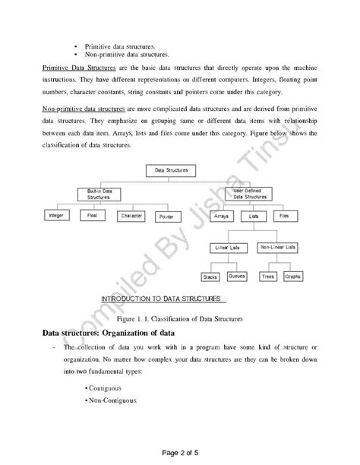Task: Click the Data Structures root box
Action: tap(171, 171)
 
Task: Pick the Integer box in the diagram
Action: tap(57, 216)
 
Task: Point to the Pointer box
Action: tap(166, 216)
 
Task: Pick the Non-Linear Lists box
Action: tap(277, 247)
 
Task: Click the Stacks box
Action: tap(210, 277)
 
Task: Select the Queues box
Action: tap(236, 277)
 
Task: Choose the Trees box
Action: tap(268, 277)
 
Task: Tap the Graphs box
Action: tap(292, 277)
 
